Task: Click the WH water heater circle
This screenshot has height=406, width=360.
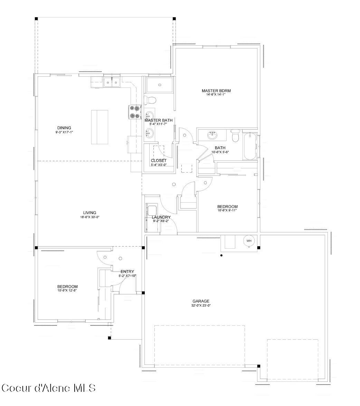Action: (249, 241)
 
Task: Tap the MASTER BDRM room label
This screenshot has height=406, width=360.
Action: (216, 91)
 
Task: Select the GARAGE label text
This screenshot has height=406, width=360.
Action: (201, 301)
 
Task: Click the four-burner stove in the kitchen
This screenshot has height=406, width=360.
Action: (135, 112)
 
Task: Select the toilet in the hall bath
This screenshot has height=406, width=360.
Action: (235, 136)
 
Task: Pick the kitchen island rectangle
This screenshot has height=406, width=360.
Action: (100, 127)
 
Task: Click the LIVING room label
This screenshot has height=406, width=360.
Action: (89, 213)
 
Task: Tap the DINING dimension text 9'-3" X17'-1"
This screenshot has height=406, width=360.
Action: (64, 132)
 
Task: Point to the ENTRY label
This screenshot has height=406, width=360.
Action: (127, 271)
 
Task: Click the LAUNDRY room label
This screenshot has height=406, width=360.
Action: (161, 217)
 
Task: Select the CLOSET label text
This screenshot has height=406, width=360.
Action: (159, 160)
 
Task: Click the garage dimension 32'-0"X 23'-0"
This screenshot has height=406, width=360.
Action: (201, 306)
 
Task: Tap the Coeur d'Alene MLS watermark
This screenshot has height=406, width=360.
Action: (48, 388)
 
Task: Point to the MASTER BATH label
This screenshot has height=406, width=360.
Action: (158, 120)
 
